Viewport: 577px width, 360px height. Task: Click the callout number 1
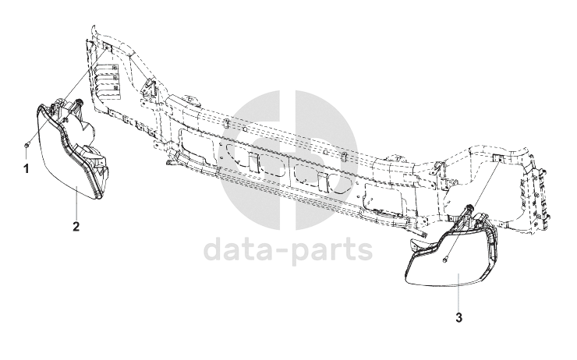point(27,167)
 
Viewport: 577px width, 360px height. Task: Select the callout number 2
point(76,227)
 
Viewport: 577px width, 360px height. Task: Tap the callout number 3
point(458,318)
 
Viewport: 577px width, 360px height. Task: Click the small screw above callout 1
point(27,146)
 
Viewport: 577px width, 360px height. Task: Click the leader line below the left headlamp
point(76,206)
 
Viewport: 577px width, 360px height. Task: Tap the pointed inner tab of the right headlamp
point(416,247)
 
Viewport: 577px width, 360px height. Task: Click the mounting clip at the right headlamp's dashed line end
point(496,160)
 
